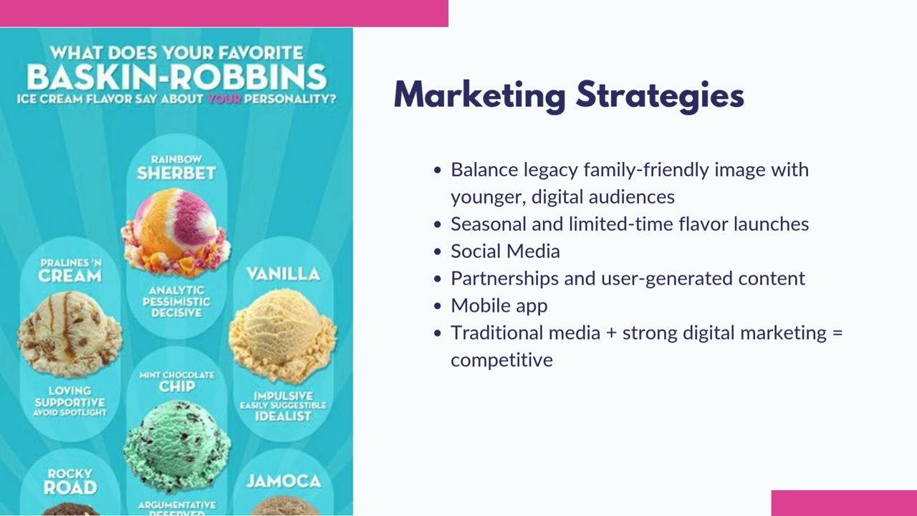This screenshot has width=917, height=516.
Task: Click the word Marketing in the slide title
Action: [x=479, y=96]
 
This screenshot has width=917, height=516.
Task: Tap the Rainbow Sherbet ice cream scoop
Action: [x=176, y=229]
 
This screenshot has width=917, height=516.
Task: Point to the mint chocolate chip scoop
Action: [x=177, y=445]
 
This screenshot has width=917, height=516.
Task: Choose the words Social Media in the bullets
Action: [x=505, y=252]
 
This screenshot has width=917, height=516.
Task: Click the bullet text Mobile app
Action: [x=499, y=306]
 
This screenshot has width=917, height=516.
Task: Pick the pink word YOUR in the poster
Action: [x=223, y=99]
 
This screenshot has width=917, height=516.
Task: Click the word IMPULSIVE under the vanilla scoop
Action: [x=283, y=396]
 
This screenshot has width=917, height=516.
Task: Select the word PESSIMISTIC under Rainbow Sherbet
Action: [x=176, y=302]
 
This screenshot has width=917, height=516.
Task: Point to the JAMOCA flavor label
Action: [x=283, y=481]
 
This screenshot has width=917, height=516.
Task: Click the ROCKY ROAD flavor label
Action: [x=69, y=482]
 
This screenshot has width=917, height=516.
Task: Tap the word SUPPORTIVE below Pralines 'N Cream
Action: [x=69, y=402]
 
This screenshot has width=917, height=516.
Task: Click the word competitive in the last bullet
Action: [x=501, y=360]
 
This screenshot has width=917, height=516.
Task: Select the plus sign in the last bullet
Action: [x=611, y=333]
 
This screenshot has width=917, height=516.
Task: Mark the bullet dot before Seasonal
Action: [x=438, y=224]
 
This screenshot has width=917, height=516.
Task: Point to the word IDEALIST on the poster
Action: [x=283, y=416]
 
